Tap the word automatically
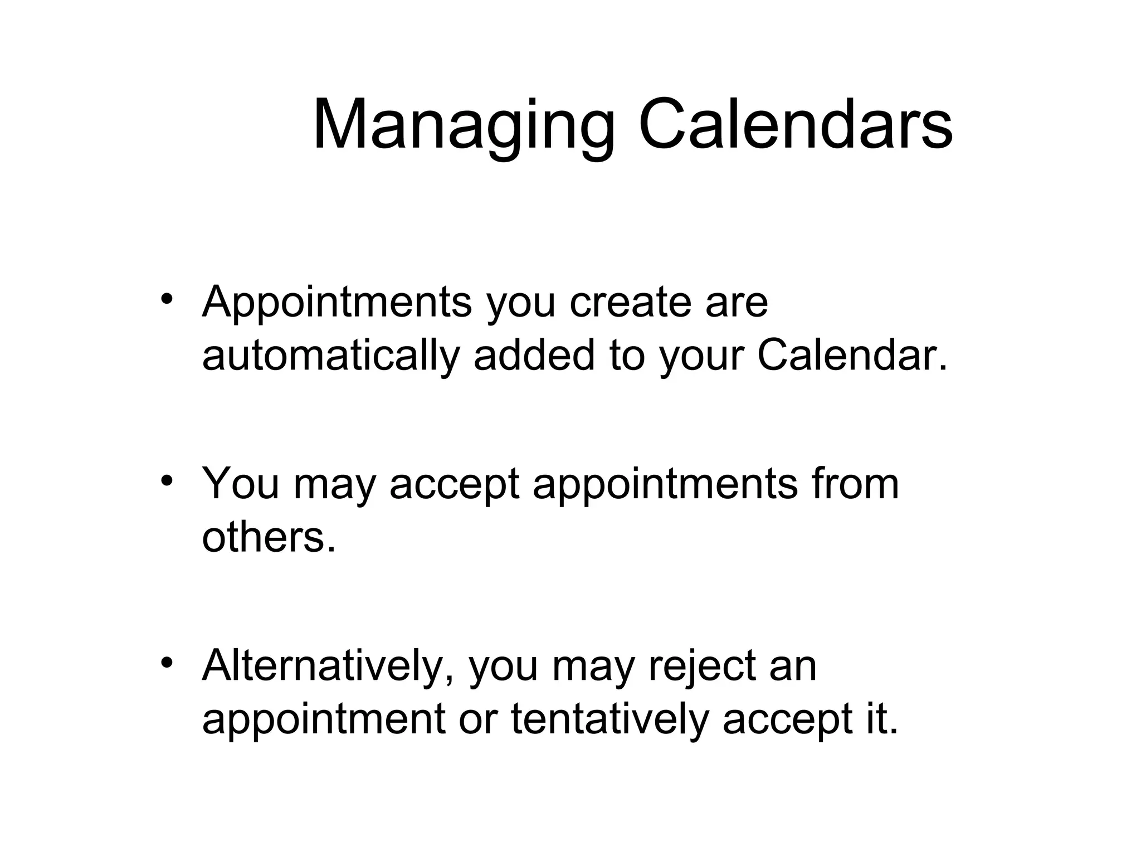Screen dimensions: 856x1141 331,357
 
